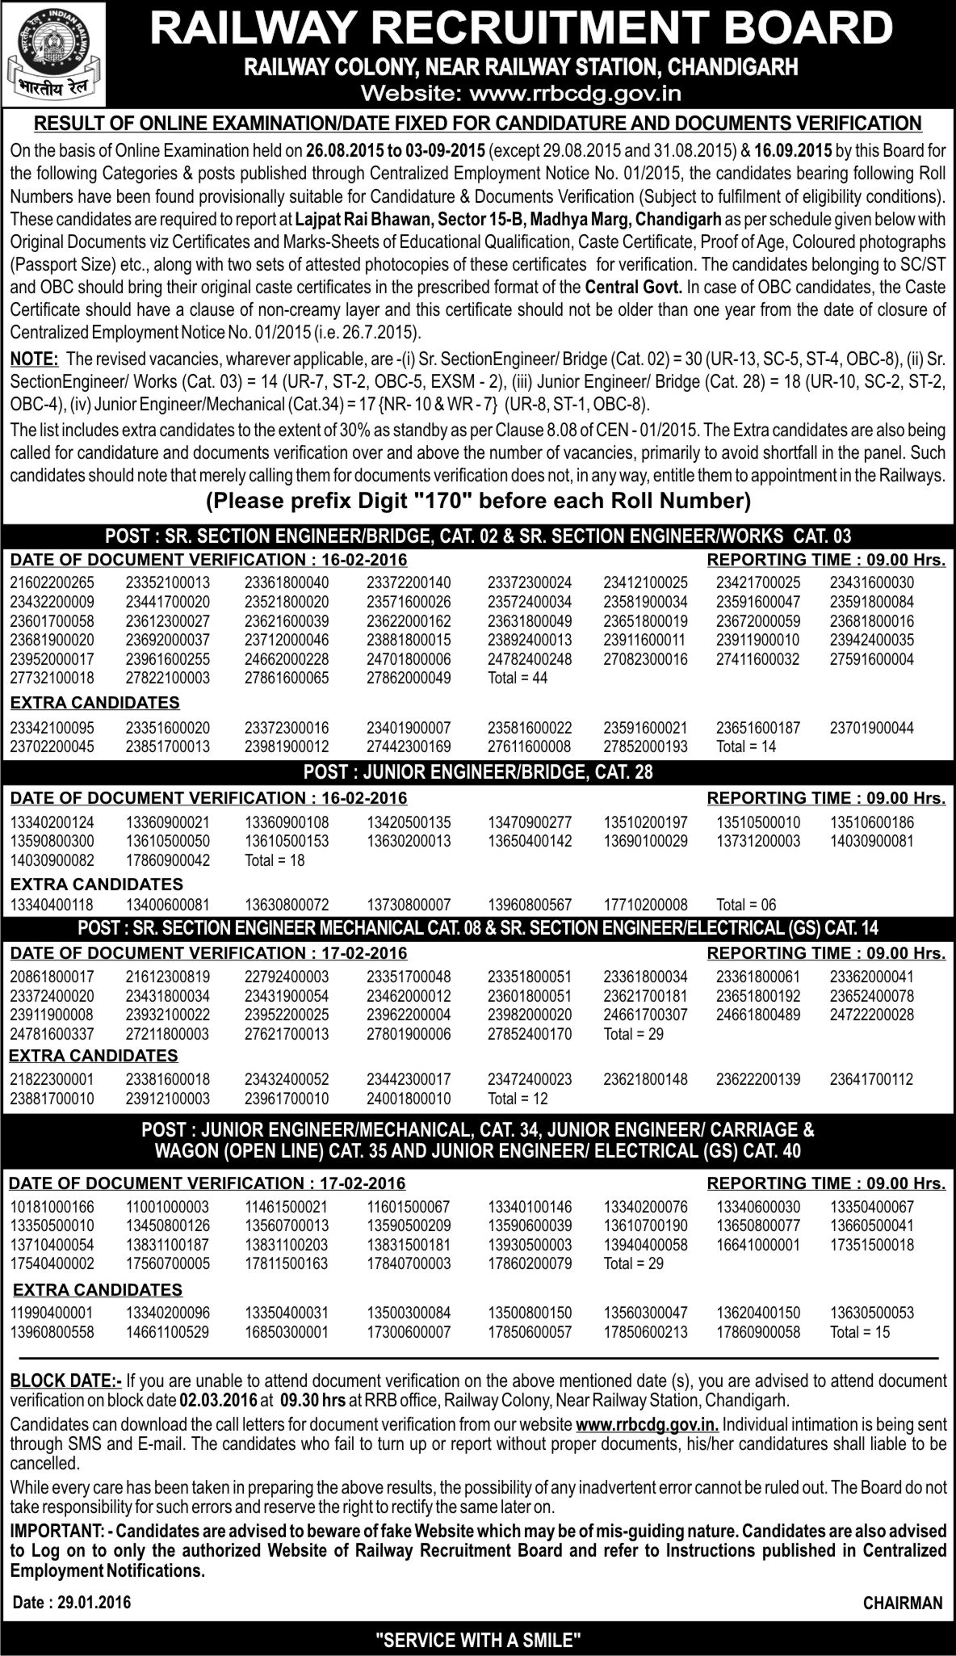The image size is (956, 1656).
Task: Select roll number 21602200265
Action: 52,582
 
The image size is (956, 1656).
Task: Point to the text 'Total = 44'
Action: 518,678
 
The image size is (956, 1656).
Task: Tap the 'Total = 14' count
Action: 746,747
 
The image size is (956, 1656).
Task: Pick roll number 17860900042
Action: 168,861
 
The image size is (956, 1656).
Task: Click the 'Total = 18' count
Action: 275,861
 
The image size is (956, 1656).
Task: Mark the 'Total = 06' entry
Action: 746,906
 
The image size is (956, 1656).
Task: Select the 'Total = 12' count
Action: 518,1099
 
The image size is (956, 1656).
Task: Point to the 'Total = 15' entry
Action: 860,1331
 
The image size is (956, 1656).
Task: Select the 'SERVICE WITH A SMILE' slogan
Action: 479,1639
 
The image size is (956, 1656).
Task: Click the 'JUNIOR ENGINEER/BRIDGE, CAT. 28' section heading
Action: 478,772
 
